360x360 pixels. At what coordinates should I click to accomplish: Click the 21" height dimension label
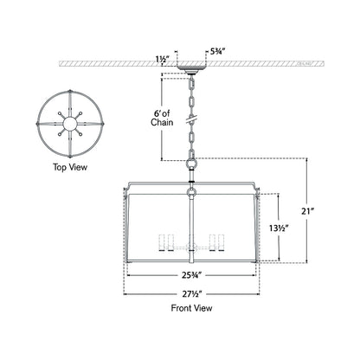point(307,211)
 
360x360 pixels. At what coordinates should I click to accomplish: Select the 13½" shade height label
point(279,228)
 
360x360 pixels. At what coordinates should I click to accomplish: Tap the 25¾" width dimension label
point(191,275)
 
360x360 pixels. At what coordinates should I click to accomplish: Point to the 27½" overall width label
point(191,294)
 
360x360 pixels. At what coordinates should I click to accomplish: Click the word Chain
point(162,122)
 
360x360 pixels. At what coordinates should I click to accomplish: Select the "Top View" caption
point(70,167)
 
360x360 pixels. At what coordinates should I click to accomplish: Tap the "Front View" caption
point(191,308)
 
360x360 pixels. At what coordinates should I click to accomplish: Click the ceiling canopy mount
point(191,69)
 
